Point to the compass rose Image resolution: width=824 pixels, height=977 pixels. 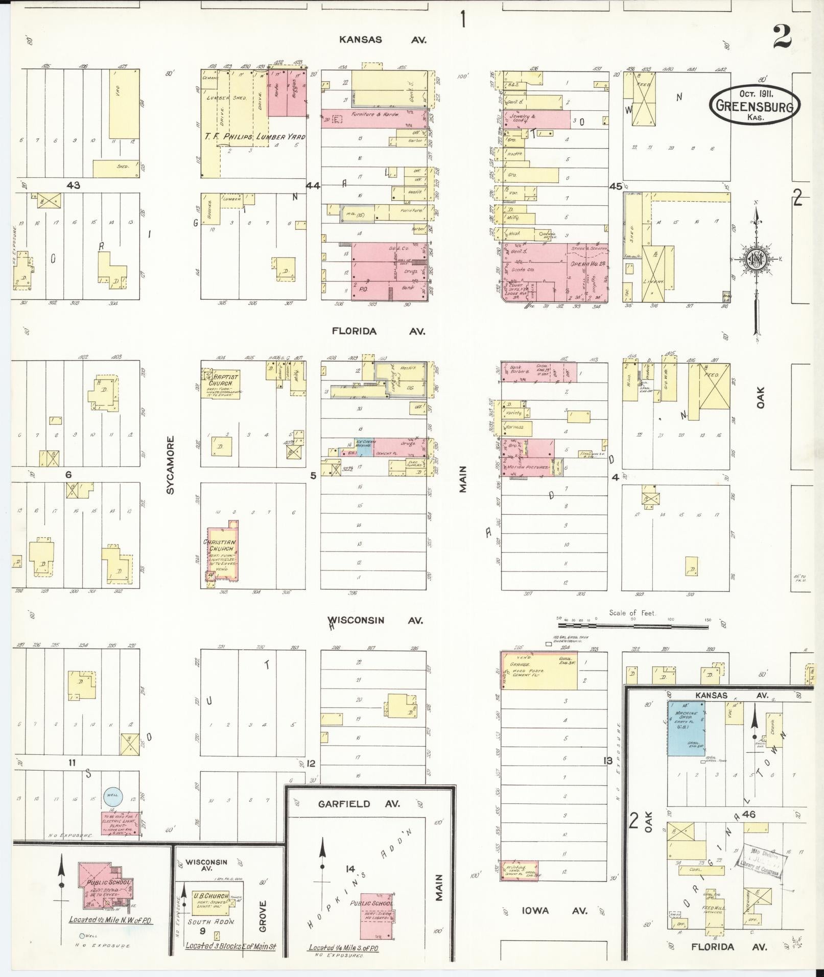coord(756,259)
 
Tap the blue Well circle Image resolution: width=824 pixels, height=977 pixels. coord(112,795)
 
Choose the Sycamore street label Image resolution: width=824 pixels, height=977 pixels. coord(170,464)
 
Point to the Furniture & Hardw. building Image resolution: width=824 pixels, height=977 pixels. coord(374,118)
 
